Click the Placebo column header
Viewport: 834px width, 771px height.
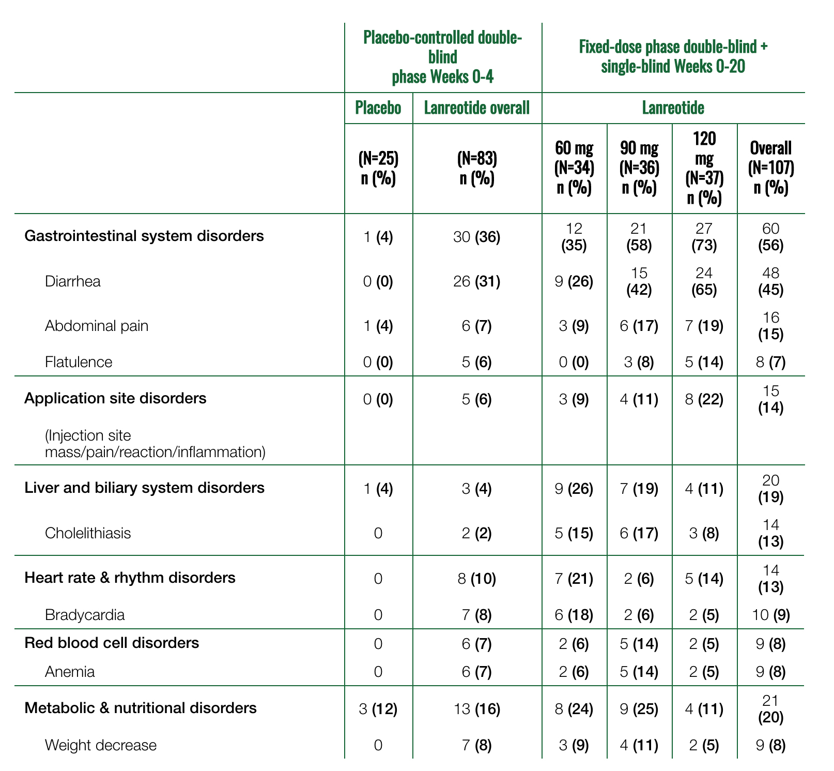click(378, 108)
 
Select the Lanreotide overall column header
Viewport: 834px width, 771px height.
click(477, 108)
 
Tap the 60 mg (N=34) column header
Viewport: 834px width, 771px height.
click(574, 168)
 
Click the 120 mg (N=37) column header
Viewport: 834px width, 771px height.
click(704, 168)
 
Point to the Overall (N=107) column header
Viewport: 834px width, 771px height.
click(771, 168)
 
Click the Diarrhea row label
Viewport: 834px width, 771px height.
click(73, 281)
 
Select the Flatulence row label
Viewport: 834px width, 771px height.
click(79, 361)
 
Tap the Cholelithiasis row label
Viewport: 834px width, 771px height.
click(88, 533)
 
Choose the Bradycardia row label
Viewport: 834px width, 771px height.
click(85, 615)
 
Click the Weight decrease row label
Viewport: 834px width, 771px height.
click(101, 745)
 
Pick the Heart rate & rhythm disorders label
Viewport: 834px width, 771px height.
click(130, 577)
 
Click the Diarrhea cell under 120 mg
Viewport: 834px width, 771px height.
click(704, 281)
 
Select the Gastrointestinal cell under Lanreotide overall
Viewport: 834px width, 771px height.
click(477, 238)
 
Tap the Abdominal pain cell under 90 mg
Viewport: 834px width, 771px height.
click(639, 326)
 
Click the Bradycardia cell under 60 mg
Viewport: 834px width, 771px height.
click(574, 615)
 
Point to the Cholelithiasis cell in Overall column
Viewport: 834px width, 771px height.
click(771, 533)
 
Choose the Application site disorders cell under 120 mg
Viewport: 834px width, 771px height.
click(704, 399)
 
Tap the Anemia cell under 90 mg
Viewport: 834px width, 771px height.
click(639, 672)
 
